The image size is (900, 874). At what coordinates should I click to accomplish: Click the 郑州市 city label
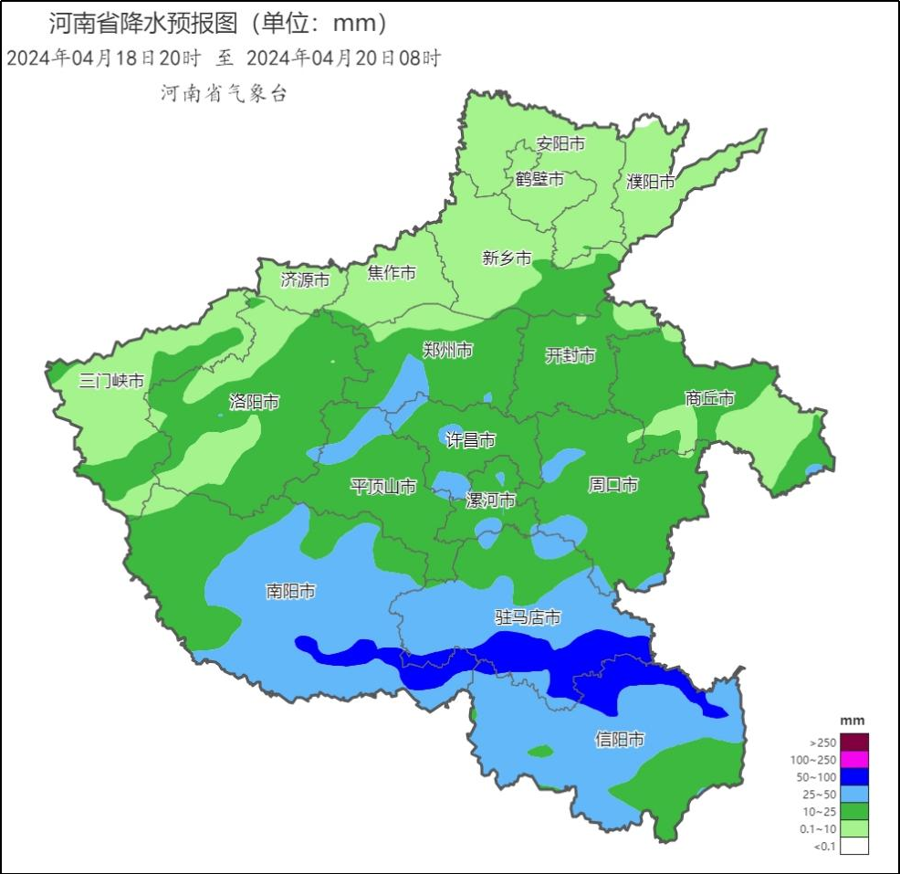pyautogui.click(x=447, y=351)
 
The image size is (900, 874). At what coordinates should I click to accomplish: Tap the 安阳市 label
pyautogui.click(x=560, y=144)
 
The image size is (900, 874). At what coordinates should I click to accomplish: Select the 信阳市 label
pyautogui.click(x=620, y=739)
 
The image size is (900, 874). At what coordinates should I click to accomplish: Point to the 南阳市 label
pyautogui.click(x=291, y=592)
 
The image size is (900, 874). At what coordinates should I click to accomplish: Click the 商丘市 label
pyautogui.click(x=710, y=398)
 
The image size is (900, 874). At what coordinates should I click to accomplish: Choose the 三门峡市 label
pyautogui.click(x=111, y=381)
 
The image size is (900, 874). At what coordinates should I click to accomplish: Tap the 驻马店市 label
pyautogui.click(x=528, y=618)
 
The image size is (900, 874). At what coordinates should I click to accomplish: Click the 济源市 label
pyautogui.click(x=305, y=279)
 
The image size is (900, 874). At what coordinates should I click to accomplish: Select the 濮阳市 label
pyautogui.click(x=651, y=182)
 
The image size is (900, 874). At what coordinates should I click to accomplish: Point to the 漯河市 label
pyautogui.click(x=490, y=500)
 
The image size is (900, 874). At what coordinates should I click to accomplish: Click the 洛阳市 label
pyautogui.click(x=254, y=402)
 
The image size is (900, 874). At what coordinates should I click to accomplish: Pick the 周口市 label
pyautogui.click(x=612, y=485)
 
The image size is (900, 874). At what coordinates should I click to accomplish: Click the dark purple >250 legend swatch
pyautogui.click(x=854, y=742)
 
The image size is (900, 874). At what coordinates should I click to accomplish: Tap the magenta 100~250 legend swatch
pyautogui.click(x=854, y=760)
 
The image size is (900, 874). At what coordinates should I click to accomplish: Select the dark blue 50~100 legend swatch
pyautogui.click(x=854, y=777)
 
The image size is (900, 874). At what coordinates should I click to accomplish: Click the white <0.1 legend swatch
pyautogui.click(x=854, y=846)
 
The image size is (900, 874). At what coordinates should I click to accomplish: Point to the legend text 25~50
pyautogui.click(x=817, y=795)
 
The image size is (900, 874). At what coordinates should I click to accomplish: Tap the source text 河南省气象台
pyautogui.click(x=224, y=93)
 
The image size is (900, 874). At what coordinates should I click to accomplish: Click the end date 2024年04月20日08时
pyautogui.click(x=344, y=58)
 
